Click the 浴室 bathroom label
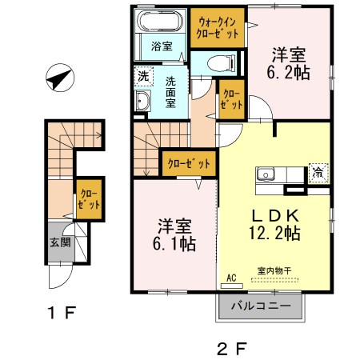162,46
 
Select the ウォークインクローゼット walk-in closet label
218,29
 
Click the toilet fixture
219,62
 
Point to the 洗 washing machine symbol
142,77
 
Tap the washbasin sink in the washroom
144,102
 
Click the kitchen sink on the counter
266,174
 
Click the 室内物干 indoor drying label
273,270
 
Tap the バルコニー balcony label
261,305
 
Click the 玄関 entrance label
61,242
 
